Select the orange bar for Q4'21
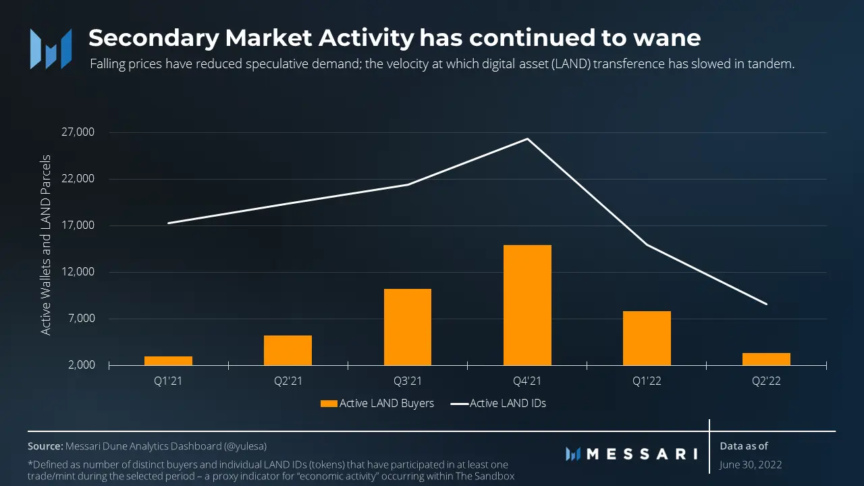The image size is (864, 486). (527, 305)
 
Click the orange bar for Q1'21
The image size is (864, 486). (168, 361)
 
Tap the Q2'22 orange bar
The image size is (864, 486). (766, 359)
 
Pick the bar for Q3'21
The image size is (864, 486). (408, 327)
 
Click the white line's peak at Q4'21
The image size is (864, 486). (527, 139)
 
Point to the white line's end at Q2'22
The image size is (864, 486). (767, 304)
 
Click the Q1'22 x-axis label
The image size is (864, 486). (647, 381)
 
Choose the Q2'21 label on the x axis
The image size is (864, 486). (288, 381)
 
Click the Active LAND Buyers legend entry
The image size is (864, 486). (377, 404)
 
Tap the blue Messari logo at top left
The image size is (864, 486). (51, 49)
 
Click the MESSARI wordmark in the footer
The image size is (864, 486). (631, 454)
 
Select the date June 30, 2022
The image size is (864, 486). (751, 465)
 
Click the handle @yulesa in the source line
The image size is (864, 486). (249, 446)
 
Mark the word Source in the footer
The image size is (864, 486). (45, 446)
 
